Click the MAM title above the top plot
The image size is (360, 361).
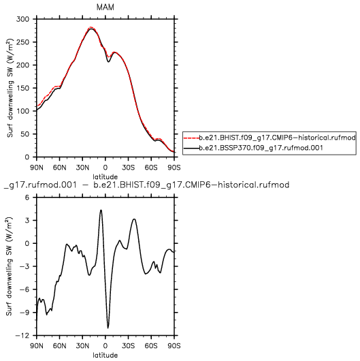click(105, 7)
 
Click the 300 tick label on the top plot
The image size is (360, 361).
click(22, 19)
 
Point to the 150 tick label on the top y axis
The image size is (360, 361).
click(22, 88)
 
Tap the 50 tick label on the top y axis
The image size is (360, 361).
click(25, 134)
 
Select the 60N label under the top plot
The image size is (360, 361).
click(59, 168)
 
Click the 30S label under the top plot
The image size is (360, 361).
click(128, 168)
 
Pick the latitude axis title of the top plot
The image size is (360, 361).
click(105, 177)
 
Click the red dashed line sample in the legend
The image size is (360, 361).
click(191, 138)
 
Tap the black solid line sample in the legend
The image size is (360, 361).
click(191, 148)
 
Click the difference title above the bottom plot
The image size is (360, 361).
click(146, 185)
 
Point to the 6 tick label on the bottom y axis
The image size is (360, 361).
click(27, 198)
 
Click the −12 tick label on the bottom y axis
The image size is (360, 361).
click(22, 335)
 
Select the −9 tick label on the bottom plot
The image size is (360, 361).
click(25, 313)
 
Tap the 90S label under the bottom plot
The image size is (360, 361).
click(174, 346)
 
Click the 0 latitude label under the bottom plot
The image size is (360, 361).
click(105, 346)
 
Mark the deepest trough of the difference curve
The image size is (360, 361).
click(108, 328)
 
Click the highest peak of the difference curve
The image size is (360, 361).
click(101, 210)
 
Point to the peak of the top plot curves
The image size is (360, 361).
click(91, 28)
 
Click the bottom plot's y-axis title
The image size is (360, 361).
click(9, 266)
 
